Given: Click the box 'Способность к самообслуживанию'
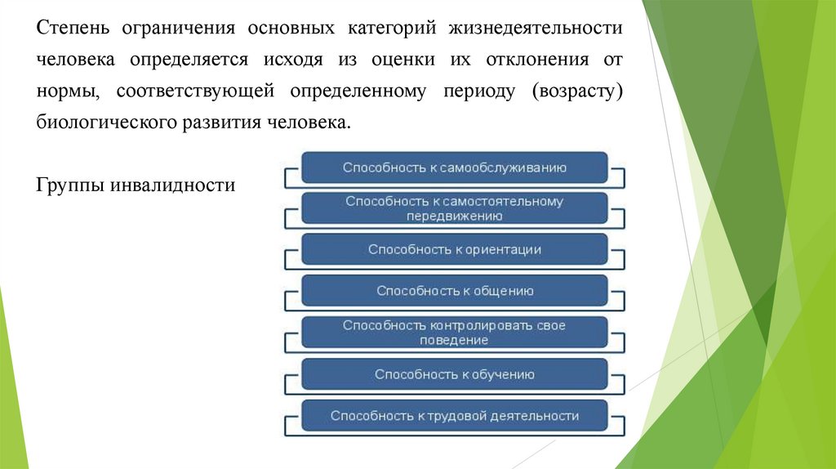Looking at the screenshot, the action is [x=454, y=167].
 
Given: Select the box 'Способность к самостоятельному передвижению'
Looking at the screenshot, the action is [x=454, y=208].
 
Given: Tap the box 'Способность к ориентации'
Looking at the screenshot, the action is [x=454, y=249].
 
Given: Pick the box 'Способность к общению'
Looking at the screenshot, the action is [x=454, y=290].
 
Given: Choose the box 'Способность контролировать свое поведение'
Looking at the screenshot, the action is [x=454, y=333].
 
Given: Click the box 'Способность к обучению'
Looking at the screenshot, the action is [x=454, y=374].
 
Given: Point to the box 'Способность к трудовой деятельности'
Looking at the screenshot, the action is [x=454, y=416].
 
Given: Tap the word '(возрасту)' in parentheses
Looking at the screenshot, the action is [x=578, y=91].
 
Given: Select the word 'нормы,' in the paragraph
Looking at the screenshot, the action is [x=67, y=91].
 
